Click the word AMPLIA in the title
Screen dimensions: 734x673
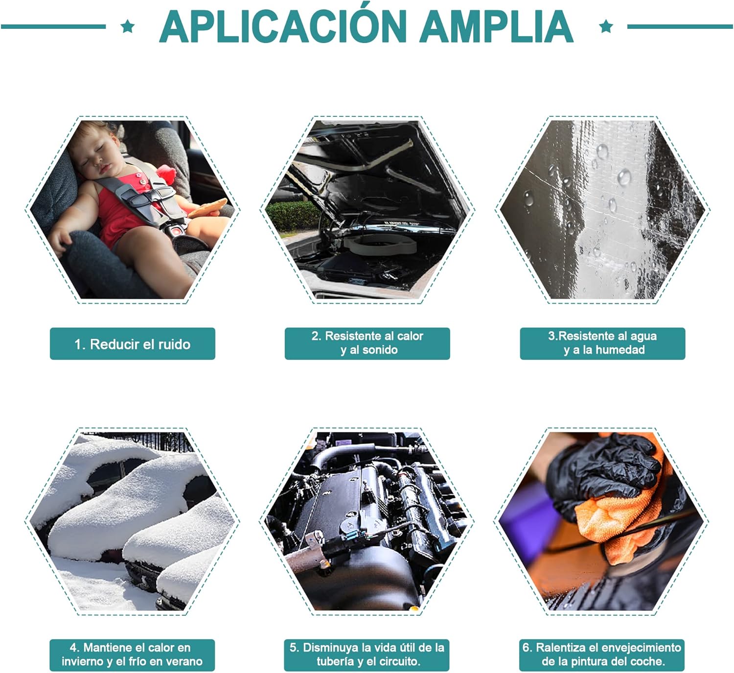click(x=497, y=26)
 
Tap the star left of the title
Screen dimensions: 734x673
click(x=128, y=26)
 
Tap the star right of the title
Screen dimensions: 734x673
click(x=606, y=26)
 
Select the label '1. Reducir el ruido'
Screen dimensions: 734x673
click(x=133, y=344)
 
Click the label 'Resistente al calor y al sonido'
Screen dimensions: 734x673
click(x=367, y=343)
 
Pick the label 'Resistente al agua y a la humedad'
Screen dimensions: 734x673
click(x=602, y=343)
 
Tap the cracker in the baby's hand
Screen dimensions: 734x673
click(x=207, y=208)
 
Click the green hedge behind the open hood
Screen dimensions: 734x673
click(x=293, y=216)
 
